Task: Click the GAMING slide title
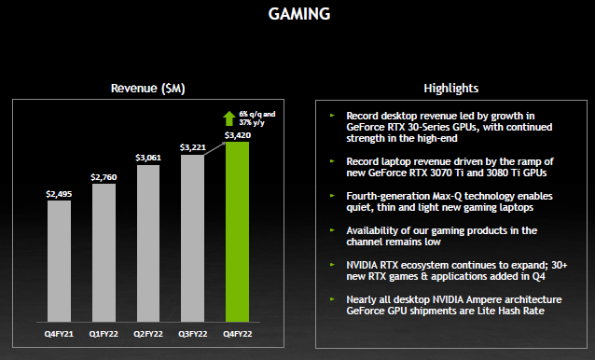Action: click(298, 15)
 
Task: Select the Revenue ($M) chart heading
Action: click(148, 88)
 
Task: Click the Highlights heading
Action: click(450, 88)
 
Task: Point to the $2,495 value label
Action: click(59, 193)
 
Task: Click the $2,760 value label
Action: click(104, 175)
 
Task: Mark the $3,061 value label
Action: click(149, 157)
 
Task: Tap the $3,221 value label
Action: click(193, 146)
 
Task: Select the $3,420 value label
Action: click(238, 134)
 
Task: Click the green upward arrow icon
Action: click(228, 118)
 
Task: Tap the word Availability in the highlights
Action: click(367, 229)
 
